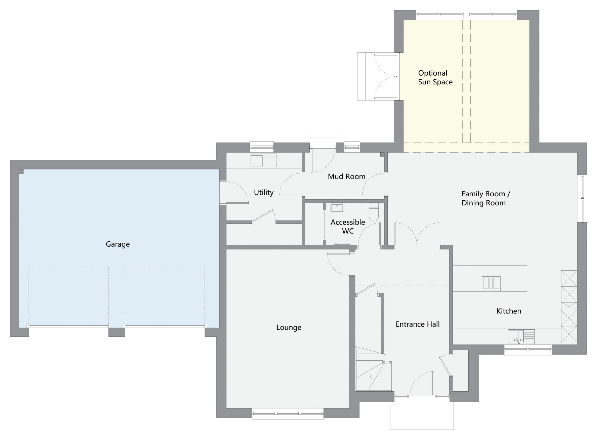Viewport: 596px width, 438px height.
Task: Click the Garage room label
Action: coord(118,244)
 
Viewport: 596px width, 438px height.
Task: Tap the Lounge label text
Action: coord(289,327)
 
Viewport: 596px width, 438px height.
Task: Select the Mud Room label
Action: coord(346,176)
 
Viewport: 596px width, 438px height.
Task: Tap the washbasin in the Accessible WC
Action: coord(336,207)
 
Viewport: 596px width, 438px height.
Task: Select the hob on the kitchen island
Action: coord(491,283)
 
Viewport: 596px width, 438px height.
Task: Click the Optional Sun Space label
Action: coord(435,78)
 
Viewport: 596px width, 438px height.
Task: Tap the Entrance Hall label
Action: coord(417,324)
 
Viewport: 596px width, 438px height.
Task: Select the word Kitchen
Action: coord(509,311)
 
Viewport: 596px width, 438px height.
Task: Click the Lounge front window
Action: coord(288,413)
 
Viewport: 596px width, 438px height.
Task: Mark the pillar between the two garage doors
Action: coord(117,331)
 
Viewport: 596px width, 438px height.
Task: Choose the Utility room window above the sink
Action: coord(261,146)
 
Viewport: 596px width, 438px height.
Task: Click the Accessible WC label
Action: coord(348,227)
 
